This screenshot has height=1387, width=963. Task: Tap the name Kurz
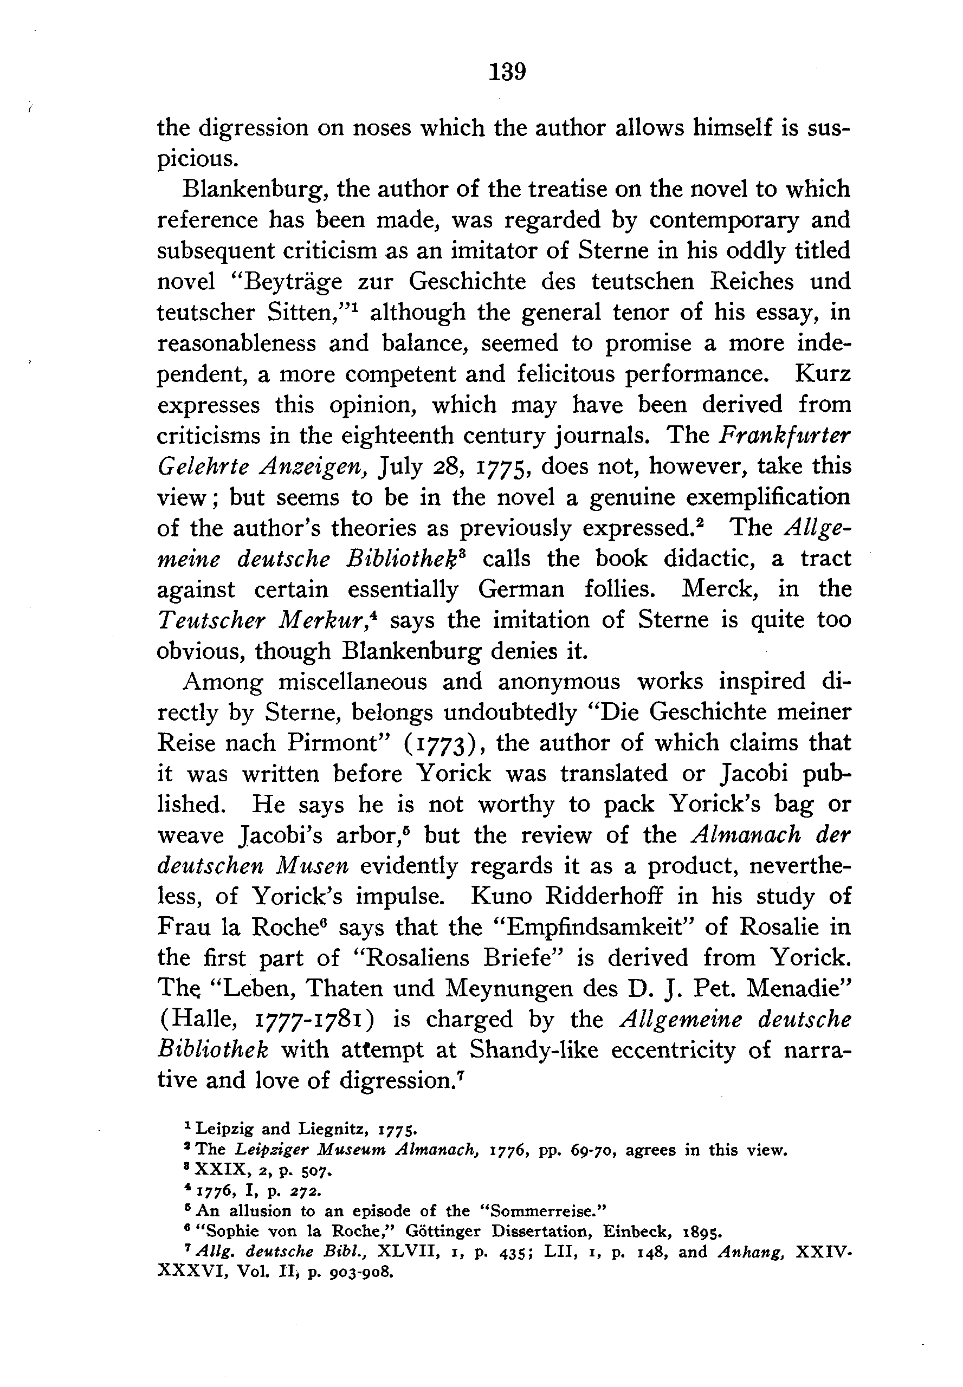[x=823, y=374]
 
